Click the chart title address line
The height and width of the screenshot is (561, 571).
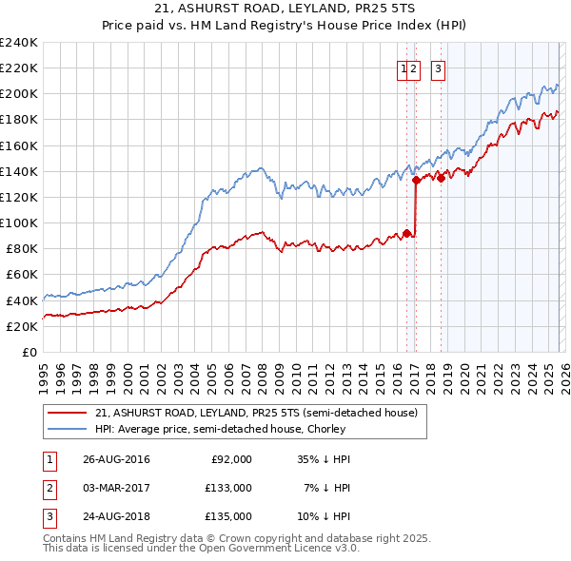pyautogui.click(x=285, y=9)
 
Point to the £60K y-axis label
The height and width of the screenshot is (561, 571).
pyautogui.click(x=21, y=274)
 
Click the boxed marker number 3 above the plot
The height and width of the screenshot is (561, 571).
pyautogui.click(x=438, y=68)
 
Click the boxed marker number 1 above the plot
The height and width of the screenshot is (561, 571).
pyautogui.click(x=404, y=68)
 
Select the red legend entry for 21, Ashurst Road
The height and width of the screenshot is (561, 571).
pyautogui.click(x=256, y=414)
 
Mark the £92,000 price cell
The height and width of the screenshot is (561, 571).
pyautogui.click(x=231, y=459)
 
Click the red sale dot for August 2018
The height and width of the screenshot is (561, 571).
pyautogui.click(x=441, y=178)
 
